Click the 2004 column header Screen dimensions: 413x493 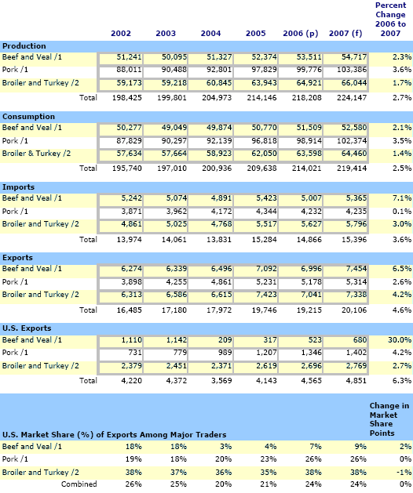pyautogui.click(x=210, y=34)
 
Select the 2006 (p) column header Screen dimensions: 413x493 pyautogui.click(x=301, y=34)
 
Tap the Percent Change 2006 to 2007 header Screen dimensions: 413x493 pyautogui.click(x=390, y=20)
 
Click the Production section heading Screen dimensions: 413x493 pyautogui.click(x=24, y=46)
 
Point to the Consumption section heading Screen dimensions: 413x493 pyautogui.click(x=28, y=117)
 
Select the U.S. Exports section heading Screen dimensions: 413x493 pyautogui.click(x=27, y=328)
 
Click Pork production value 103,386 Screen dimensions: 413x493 pyautogui.click(x=352, y=70)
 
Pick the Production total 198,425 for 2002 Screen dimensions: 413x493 pyautogui.click(x=127, y=98)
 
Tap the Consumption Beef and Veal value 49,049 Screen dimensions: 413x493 pyautogui.click(x=174, y=128)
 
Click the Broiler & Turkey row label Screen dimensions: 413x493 pyautogui.click(x=36, y=154)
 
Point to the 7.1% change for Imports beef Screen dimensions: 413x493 pyautogui.click(x=402, y=198)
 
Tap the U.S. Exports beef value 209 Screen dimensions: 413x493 pyautogui.click(x=225, y=340)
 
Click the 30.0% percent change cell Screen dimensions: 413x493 pyautogui.click(x=400, y=340)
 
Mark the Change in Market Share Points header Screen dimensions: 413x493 pyautogui.click(x=389, y=419)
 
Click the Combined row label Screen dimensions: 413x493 pyautogui.click(x=79, y=484)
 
